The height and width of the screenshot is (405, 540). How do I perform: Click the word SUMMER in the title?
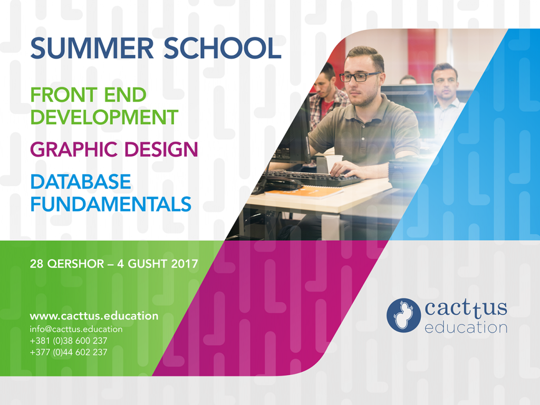92,48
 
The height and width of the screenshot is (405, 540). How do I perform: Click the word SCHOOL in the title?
223,48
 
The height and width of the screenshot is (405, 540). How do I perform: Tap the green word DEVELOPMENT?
104,117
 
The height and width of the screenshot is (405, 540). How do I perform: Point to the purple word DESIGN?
161,149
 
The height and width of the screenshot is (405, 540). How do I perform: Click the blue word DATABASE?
81,181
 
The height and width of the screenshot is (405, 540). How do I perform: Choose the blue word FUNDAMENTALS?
111,204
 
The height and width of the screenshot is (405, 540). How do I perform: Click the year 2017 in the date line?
185,264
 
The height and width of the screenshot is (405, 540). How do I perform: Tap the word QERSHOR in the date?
75,264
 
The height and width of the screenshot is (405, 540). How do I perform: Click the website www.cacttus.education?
94,316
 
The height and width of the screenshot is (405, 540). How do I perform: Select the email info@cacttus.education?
76,329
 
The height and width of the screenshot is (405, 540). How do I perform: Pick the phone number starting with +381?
69,341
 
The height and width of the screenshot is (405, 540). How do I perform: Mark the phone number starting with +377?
69,352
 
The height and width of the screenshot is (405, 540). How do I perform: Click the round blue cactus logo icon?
403,315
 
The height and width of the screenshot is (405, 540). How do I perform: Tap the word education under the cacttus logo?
466,327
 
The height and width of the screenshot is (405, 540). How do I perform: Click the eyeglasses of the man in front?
360,76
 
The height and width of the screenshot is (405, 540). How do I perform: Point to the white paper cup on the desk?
334,163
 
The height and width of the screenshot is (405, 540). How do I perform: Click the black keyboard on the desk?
312,178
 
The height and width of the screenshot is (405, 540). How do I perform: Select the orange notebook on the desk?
304,192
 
